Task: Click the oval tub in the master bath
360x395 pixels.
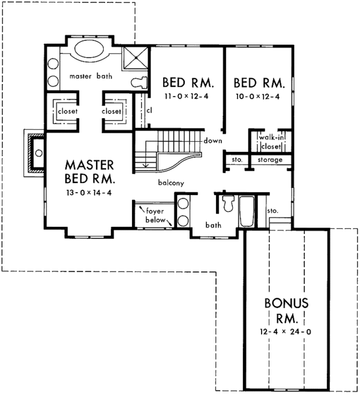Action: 91,50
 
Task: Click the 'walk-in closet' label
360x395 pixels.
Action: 271,142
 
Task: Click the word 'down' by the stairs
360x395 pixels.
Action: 213,140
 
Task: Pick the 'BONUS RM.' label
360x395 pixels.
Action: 285,310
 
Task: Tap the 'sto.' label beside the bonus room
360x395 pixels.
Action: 273,211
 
